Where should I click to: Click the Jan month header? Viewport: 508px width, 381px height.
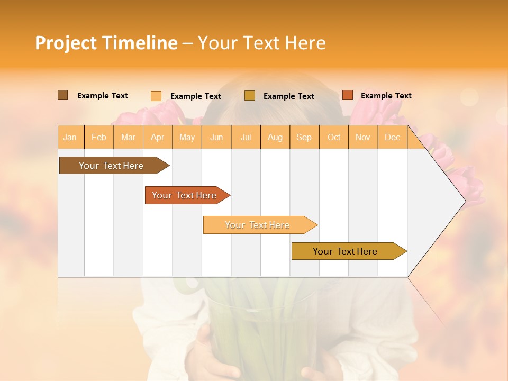(70, 138)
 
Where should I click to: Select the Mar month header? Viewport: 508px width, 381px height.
(128, 138)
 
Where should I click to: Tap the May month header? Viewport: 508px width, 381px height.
(187, 138)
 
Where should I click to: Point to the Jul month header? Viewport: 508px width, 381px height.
(246, 138)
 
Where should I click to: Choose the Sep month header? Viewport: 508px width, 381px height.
(304, 138)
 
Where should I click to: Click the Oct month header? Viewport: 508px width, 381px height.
(334, 138)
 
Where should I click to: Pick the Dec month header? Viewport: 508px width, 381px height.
(392, 138)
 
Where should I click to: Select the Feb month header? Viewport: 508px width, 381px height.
(99, 138)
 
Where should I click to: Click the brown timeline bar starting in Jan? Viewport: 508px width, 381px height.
(111, 166)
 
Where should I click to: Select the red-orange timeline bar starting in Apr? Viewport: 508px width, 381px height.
(184, 195)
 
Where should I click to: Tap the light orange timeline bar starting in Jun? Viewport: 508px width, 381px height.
(257, 225)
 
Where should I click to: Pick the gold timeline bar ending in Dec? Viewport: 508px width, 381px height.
(345, 251)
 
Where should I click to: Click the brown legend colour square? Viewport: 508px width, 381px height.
(63, 95)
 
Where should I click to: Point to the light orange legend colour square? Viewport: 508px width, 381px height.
(156, 96)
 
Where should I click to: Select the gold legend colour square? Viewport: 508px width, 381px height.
(250, 96)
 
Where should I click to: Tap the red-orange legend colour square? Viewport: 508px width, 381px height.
(348, 95)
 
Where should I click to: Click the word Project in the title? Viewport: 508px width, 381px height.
(66, 43)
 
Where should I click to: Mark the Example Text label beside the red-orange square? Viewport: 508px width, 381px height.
(386, 96)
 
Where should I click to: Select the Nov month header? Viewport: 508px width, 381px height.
(363, 138)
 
